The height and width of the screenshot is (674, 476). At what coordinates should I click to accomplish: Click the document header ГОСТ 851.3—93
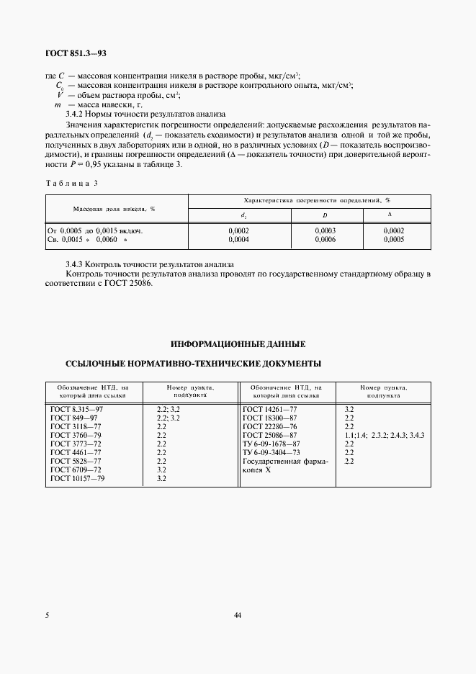pos(75,54)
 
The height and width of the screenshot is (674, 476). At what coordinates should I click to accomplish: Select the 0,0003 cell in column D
pos(325,230)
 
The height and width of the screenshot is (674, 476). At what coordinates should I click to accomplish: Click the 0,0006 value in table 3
pos(325,239)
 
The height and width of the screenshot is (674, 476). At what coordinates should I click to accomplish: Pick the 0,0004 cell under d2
pos(238,239)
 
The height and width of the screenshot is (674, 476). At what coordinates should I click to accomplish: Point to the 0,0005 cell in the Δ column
pos(394,239)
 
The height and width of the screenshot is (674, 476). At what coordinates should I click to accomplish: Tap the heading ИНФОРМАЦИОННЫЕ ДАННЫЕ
pos(238,343)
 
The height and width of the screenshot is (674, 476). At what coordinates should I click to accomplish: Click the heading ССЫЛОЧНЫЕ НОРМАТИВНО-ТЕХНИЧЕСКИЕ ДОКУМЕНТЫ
pos(193,364)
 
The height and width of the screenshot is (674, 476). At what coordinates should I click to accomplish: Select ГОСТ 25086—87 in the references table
pos(269,435)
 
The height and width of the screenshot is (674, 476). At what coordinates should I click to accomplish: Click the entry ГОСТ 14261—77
pos(269,409)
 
